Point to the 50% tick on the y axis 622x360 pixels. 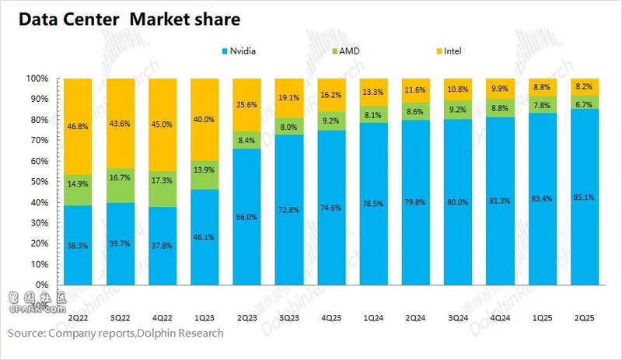tap(38, 181)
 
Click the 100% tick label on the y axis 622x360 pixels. tap(37, 79)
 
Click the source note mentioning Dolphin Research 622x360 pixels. tap(116, 333)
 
